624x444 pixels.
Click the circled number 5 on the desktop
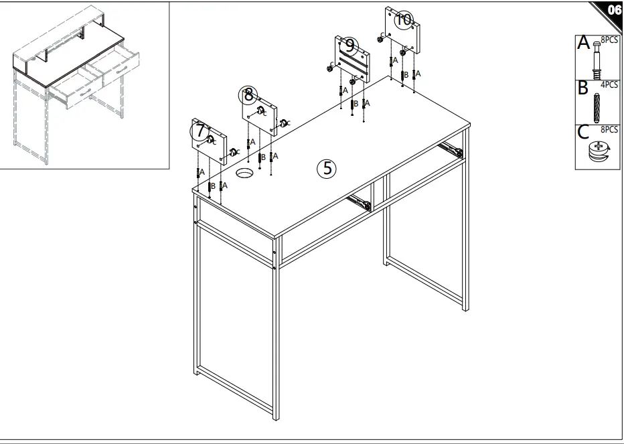327,168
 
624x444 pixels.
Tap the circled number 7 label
199,130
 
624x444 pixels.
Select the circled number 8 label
249,94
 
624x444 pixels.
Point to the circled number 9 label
349,46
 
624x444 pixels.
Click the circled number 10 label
403,19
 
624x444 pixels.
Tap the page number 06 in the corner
612,10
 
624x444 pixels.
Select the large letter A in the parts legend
584,44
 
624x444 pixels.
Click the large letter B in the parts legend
583,88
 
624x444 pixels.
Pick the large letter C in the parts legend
584,132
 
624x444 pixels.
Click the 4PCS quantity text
609,85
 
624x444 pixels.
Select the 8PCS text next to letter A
609,40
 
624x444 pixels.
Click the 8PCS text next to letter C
609,129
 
